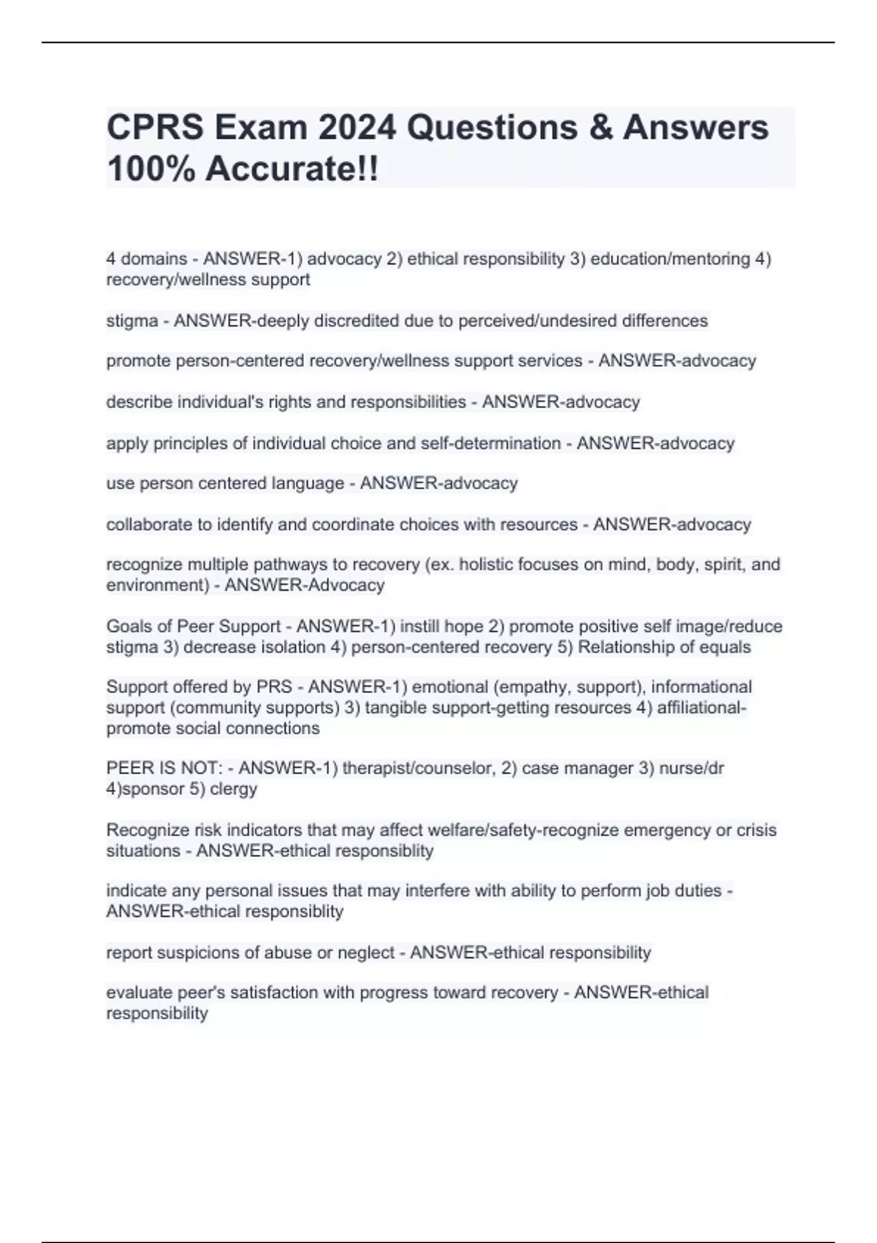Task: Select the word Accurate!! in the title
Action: pyautogui.click(x=292, y=170)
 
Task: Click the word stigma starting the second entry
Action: pyautogui.click(x=132, y=321)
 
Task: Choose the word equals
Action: pyautogui.click(x=724, y=647)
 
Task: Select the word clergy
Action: pyautogui.click(x=234, y=789)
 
